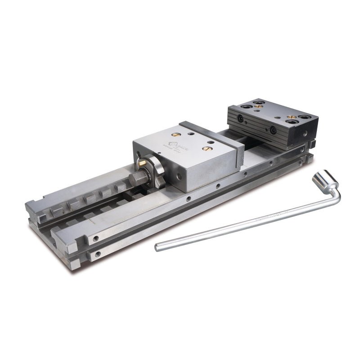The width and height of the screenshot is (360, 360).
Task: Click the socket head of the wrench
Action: pos(324,179)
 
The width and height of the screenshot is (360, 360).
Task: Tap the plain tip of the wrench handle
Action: pos(157,247)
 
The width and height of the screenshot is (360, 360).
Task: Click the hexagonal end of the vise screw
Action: pos(138,178)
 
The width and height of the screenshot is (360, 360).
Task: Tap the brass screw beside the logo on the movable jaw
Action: pos(176,135)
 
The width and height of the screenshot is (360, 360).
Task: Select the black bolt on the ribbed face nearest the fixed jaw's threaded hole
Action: pos(273,130)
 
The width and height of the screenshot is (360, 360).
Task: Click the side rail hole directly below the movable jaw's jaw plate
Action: pos(246,173)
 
